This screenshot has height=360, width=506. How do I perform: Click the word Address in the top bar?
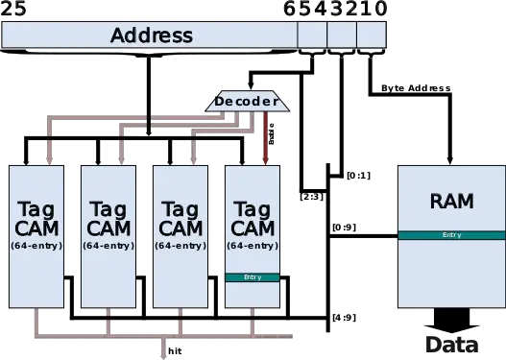[151, 36]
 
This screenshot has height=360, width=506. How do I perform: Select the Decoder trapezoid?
[247, 101]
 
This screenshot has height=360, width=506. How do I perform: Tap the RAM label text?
[451, 201]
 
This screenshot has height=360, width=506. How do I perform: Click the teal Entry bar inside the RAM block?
[451, 235]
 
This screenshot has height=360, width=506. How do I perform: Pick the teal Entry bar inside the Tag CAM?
[253, 277]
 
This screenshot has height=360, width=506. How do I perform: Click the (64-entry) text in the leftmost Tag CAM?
[37, 246]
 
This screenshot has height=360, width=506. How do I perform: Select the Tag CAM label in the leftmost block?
[37, 218]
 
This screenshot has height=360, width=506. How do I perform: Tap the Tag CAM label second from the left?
[107, 218]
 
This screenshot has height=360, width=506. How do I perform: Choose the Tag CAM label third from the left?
[180, 218]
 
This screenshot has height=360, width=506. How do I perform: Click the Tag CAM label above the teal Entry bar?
[253, 218]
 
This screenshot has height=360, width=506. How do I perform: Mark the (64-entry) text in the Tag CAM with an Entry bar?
[253, 246]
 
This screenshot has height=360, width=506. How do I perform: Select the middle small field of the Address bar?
[341, 36]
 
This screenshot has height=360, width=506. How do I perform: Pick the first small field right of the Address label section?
[312, 36]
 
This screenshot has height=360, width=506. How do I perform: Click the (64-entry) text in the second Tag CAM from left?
[107, 246]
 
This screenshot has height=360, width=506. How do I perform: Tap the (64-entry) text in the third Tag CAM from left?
[180, 246]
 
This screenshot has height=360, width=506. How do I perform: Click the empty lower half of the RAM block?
[451, 274]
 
